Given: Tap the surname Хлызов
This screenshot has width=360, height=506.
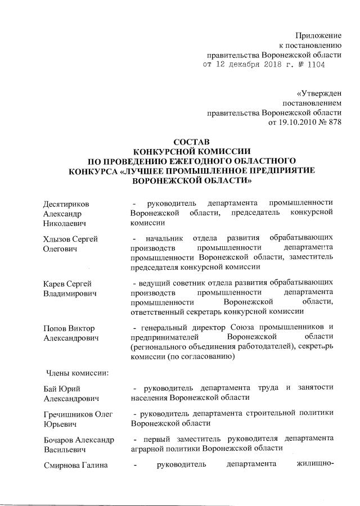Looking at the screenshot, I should coord(57,239).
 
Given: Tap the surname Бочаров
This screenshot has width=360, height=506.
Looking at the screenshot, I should coord(60,439).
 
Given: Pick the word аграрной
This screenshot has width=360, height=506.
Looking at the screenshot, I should coord(147,449).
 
